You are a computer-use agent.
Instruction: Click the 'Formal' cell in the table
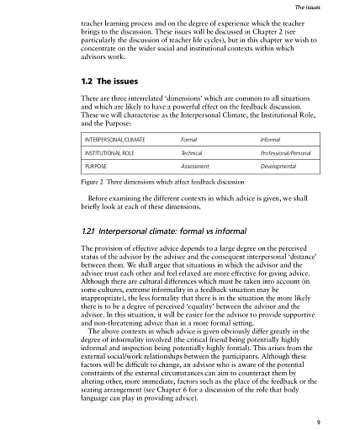pos(189,137)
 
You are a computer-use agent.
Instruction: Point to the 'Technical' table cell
pos(193,156)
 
